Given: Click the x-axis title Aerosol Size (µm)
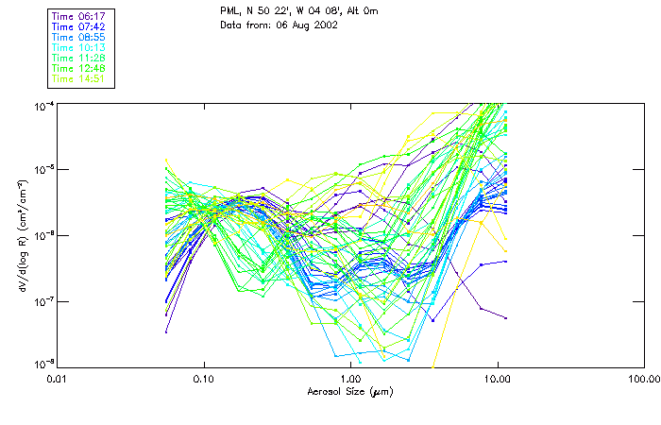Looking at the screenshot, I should pyautogui.click(x=349, y=390).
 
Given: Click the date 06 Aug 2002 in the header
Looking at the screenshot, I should pyautogui.click(x=307, y=25).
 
